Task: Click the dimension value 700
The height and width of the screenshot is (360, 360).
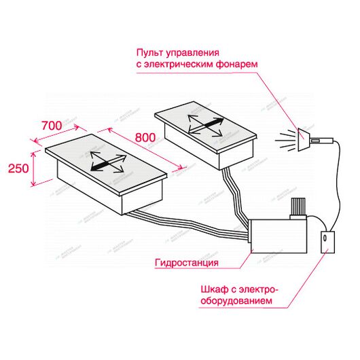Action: click(52, 126)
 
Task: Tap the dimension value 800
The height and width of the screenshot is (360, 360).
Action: click(145, 137)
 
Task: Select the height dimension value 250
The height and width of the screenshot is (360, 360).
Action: click(18, 168)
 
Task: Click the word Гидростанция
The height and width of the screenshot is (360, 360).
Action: click(187, 262)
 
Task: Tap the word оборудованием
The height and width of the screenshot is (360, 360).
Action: click(236, 300)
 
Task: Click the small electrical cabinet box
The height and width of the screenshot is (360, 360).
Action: click(327, 242)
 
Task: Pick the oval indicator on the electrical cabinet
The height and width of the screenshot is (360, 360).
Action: click(325, 238)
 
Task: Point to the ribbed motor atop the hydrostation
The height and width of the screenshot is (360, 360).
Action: click(298, 208)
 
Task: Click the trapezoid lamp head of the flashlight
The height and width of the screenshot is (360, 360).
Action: click(304, 139)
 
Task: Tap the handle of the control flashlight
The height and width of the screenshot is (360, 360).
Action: click(321, 140)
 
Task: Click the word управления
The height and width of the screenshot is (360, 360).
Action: click(192, 53)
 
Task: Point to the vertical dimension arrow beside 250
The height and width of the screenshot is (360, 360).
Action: click(34, 168)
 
